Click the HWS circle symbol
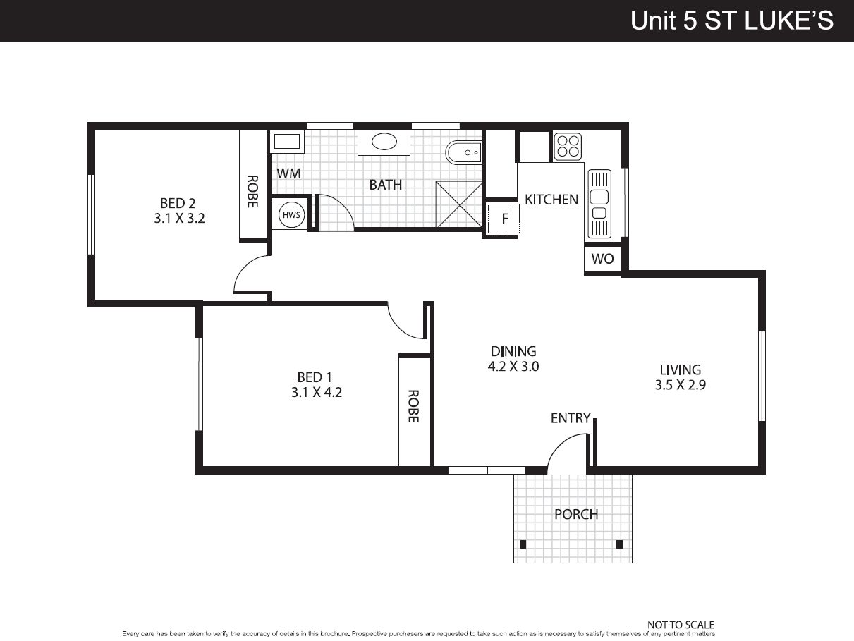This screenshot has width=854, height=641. tap(291, 214)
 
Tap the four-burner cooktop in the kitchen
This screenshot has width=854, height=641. tap(568, 147)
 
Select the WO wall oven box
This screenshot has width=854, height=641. tap(602, 259)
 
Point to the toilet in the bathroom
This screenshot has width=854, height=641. tap(463, 152)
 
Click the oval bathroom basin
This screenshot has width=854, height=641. tap(384, 142)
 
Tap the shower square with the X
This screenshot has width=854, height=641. tap(458, 204)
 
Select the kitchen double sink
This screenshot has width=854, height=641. tap(599, 204)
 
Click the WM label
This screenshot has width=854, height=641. tap(288, 173)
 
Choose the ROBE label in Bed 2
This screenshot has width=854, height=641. tap(253, 191)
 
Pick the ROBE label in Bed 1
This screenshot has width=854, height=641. tap(413, 406)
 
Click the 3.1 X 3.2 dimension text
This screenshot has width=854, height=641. tap(179, 219)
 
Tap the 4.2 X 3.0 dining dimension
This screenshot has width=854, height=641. tap(513, 367)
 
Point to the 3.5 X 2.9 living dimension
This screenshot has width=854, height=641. tap(680, 385)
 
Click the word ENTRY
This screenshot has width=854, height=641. tap(571, 418)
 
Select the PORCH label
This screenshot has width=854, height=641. tap(576, 514)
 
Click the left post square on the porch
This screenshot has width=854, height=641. tap(523, 544)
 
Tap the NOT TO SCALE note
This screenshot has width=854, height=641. tap(681, 625)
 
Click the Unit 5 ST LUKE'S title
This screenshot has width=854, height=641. tap(732, 20)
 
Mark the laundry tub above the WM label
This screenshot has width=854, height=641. tap(287, 142)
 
